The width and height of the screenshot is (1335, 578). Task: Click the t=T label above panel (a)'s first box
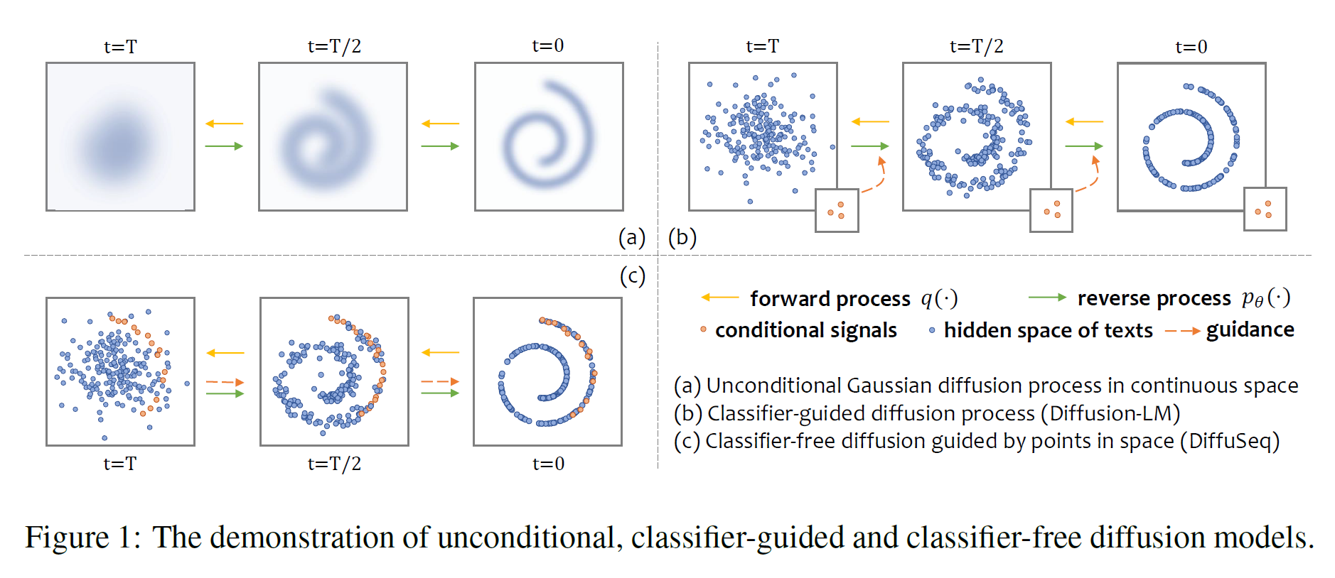tap(120, 47)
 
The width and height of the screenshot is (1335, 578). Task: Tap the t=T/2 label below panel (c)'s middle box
tap(334, 464)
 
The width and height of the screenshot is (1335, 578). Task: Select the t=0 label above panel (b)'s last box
tap(1191, 47)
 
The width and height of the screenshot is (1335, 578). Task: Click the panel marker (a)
tap(631, 237)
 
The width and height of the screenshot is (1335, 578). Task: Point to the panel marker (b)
tap(682, 237)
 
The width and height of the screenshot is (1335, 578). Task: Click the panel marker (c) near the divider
tap(632, 276)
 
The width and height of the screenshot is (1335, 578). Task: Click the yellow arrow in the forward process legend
tap(719, 298)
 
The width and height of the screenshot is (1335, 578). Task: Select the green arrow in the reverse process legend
tap(1046, 298)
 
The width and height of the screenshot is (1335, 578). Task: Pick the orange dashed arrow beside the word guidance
tap(1182, 331)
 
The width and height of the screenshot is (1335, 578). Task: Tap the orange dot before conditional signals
tap(703, 329)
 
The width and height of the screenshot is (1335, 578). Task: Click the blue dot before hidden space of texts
tap(932, 330)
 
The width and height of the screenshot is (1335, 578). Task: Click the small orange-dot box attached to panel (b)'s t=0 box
tap(1264, 209)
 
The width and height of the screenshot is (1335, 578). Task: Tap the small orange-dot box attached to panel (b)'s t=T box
tap(837, 210)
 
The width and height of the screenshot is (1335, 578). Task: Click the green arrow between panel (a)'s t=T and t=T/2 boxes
tap(224, 146)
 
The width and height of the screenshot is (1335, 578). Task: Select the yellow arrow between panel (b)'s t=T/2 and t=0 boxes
tap(1084, 122)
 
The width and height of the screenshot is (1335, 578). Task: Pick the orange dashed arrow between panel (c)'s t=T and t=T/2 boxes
tap(225, 382)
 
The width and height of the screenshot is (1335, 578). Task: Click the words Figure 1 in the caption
tap(82, 538)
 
